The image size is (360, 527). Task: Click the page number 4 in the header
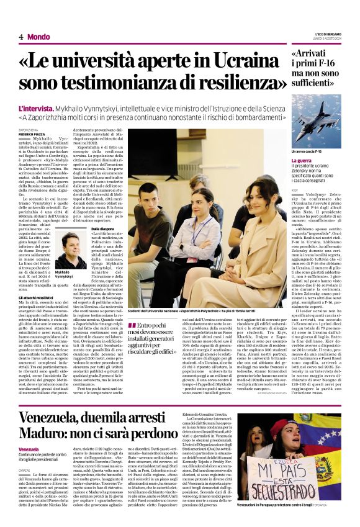[21, 37]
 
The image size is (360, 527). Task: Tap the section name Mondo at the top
[39, 37]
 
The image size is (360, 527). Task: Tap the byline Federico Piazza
[31, 134]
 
